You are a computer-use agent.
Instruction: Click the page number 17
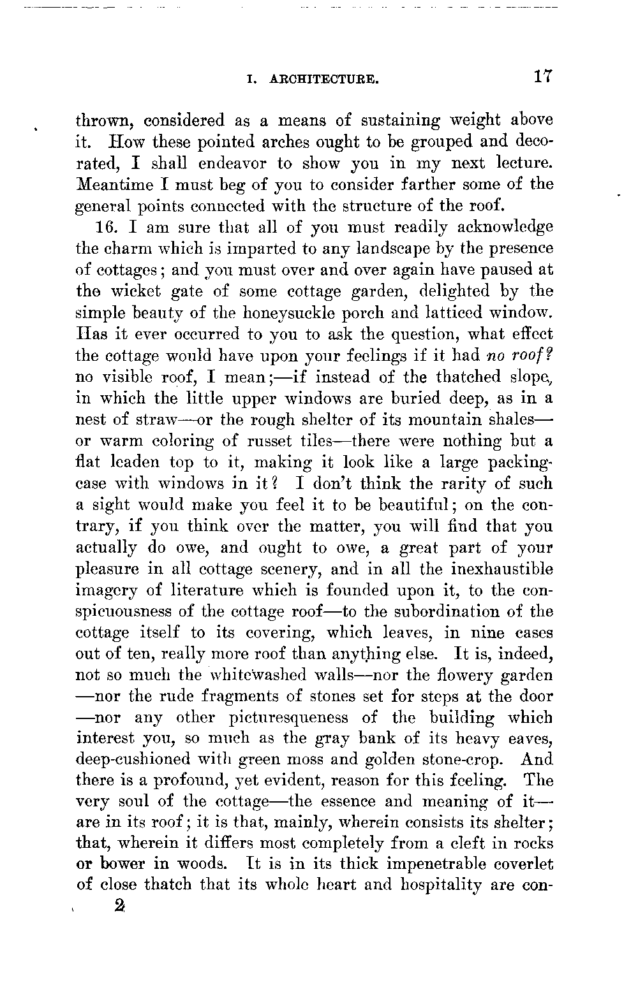click(x=543, y=77)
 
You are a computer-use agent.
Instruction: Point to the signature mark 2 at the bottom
click(x=118, y=906)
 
